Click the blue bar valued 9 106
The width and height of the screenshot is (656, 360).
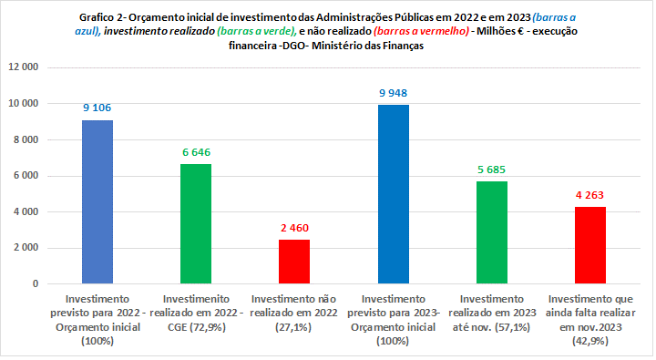97,201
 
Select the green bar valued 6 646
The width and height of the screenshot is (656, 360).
196,223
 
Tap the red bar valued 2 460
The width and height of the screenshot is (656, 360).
294,262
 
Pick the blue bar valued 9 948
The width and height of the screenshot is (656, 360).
393,194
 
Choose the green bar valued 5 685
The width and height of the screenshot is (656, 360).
491,232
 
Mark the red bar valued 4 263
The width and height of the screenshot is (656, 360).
589,245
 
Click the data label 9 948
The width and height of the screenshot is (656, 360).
393,91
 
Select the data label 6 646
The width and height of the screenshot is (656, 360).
196,150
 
